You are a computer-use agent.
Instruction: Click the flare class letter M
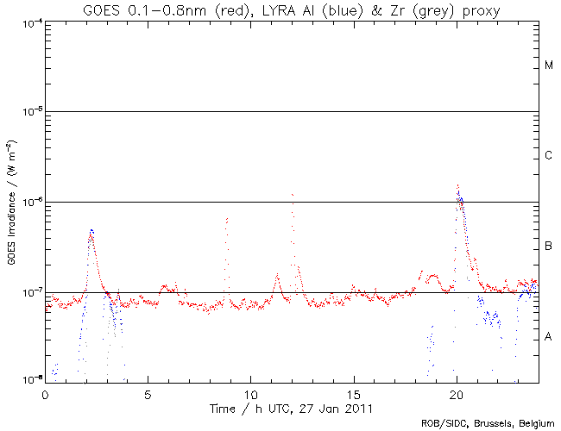pos(549,66)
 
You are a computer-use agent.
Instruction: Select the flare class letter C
pos(549,156)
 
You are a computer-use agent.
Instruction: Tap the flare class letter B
pos(549,247)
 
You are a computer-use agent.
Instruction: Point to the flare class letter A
pos(549,337)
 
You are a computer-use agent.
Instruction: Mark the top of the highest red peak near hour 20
pos(457,184)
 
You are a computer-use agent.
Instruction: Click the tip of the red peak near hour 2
pos(91,230)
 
